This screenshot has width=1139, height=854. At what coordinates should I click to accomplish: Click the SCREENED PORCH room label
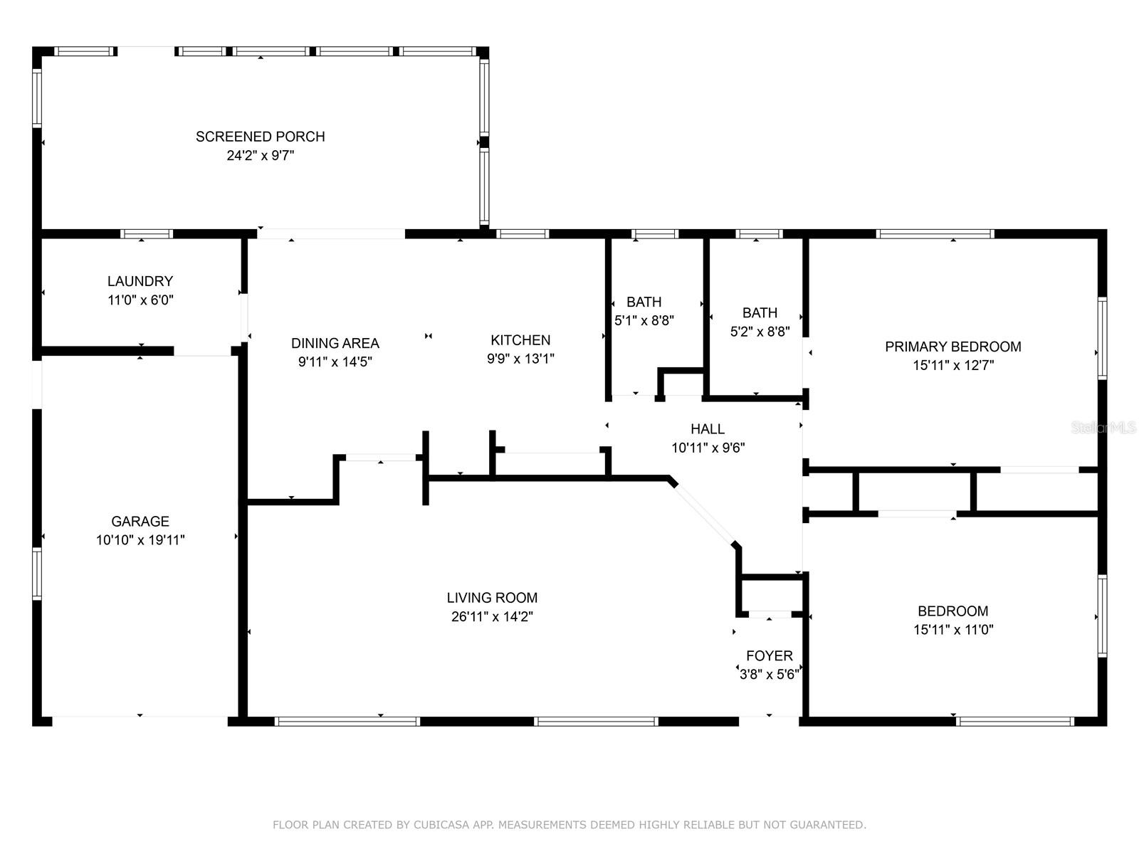tap(260, 137)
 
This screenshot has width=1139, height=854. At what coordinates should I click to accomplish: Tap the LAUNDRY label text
tap(140, 281)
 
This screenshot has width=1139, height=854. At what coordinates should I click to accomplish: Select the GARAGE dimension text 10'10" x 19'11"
tap(140, 539)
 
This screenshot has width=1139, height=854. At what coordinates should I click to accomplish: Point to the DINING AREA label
tap(335, 343)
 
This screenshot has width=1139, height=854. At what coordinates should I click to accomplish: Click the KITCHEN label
tap(520, 340)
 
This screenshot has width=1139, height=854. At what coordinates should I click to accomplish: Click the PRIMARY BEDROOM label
tap(952, 347)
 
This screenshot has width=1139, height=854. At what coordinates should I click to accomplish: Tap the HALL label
tap(708, 429)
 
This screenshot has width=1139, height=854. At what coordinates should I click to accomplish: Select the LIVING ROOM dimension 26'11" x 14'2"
tap(492, 616)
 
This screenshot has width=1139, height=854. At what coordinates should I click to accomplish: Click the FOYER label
tap(770, 656)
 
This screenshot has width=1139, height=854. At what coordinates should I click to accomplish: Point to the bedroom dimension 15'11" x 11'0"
tap(953, 630)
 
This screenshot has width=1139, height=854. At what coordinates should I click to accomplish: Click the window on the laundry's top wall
tap(147, 234)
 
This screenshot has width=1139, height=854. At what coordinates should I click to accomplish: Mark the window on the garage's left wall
tap(37, 574)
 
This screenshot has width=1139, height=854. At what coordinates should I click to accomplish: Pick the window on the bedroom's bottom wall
tap(1015, 721)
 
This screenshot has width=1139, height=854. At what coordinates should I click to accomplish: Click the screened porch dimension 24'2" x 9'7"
tap(260, 156)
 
